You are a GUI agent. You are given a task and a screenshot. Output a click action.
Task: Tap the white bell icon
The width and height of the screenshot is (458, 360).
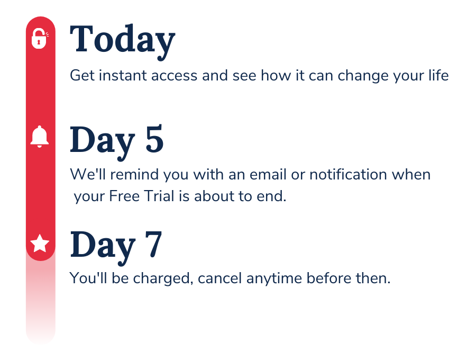[x=40, y=137]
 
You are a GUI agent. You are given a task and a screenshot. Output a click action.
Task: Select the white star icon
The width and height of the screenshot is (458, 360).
[x=40, y=244]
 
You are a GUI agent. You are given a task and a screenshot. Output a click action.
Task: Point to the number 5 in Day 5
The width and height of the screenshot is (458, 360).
[x=154, y=139]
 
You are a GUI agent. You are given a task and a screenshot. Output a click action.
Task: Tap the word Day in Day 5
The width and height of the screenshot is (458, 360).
[x=103, y=142]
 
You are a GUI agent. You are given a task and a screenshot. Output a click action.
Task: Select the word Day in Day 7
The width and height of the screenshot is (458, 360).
[x=103, y=247]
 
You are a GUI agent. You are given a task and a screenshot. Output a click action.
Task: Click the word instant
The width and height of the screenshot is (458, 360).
[x=123, y=76]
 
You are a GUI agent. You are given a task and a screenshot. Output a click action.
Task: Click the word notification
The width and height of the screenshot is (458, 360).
[x=348, y=174]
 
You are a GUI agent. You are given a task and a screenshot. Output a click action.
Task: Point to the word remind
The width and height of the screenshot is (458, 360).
[x=134, y=174]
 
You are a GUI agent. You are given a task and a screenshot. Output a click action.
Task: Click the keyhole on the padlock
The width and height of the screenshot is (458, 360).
[x=39, y=42]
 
